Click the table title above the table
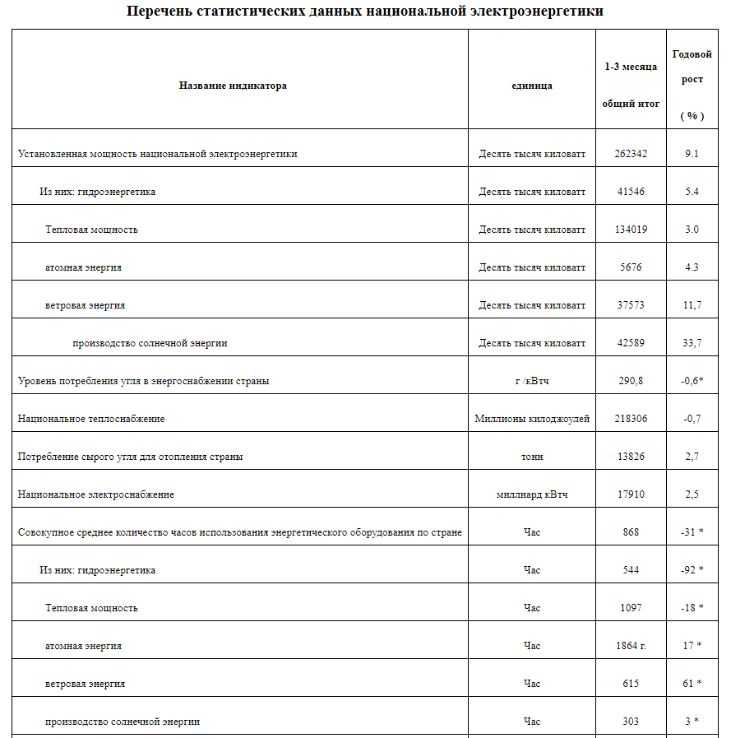[x=364, y=12]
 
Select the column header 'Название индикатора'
[x=233, y=86]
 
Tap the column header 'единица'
[x=532, y=86]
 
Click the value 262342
[x=631, y=154]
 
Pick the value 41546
[x=631, y=192]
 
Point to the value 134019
[x=631, y=230]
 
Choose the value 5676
[x=631, y=267]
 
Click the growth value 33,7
[x=692, y=343]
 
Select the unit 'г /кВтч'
[x=532, y=381]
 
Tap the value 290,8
[x=631, y=381]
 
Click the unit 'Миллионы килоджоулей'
[x=532, y=419]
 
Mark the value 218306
[x=631, y=419]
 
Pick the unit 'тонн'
[x=532, y=457]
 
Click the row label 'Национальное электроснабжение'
[x=96, y=494]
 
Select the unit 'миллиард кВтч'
[x=532, y=494]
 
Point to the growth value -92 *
[x=692, y=570]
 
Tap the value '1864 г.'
[x=631, y=646]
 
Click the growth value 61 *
[x=692, y=684]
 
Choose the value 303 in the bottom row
[x=631, y=722]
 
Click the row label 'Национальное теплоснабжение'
[x=91, y=419]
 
